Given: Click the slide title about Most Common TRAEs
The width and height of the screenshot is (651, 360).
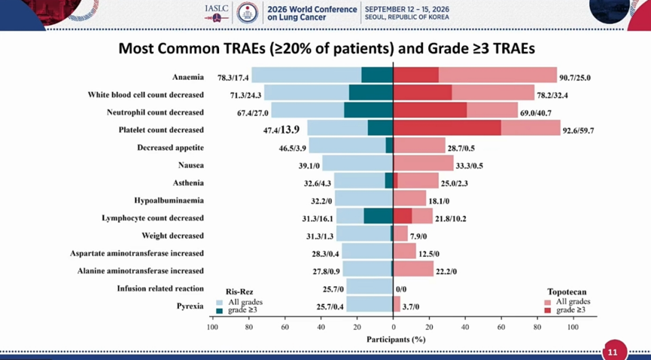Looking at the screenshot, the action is [x=327, y=49].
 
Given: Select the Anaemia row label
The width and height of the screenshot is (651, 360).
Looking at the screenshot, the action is [x=188, y=77].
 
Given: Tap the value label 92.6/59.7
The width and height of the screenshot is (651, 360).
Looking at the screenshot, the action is [x=578, y=130].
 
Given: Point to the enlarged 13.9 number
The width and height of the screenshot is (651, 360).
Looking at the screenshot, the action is [x=290, y=130].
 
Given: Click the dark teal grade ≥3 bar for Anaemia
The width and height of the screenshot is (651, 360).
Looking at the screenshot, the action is [x=377, y=75].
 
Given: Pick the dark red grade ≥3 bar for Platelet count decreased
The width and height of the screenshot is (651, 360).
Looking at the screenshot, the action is [x=447, y=127].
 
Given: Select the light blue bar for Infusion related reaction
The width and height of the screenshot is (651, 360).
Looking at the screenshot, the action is [x=370, y=286].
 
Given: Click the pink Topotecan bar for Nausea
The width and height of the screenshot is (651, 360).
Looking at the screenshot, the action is [x=424, y=163].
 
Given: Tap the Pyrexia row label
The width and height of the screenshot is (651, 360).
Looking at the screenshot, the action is [x=190, y=307].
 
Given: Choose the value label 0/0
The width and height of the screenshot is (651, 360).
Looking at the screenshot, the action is [x=401, y=289].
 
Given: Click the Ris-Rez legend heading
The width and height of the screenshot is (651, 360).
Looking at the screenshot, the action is [x=239, y=291].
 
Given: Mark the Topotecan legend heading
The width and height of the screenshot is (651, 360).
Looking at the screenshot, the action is [x=567, y=291].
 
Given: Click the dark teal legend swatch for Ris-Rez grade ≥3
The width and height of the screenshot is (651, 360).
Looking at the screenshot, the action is [x=220, y=310].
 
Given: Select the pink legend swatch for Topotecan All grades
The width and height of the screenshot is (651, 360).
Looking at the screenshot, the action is [x=548, y=302].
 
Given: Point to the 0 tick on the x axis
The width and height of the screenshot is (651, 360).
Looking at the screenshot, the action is [x=393, y=327].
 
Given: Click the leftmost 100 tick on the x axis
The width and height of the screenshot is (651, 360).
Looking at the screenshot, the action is [x=212, y=327].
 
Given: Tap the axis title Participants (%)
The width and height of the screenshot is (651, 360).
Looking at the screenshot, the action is [x=396, y=340].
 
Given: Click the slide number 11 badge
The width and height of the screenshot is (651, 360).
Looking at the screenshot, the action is [x=613, y=351].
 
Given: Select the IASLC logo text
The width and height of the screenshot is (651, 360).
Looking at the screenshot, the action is [x=217, y=8].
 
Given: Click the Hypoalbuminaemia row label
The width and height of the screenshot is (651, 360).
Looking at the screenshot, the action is [x=169, y=200].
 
